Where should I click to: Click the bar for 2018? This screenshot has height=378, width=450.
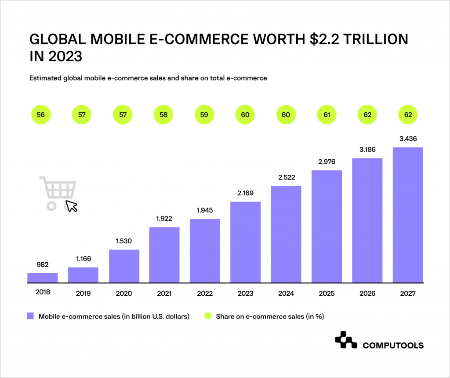[42, 278]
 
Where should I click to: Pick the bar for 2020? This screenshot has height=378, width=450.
[124, 266]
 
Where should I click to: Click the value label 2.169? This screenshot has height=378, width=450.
[245, 193]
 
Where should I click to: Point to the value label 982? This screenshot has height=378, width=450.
[42, 264]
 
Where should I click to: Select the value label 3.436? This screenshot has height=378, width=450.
[408, 139]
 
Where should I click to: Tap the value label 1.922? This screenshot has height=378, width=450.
[164, 218]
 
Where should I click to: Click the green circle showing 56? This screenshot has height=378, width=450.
[41, 115]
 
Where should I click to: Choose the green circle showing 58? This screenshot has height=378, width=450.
[163, 115]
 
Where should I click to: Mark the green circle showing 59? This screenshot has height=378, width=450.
[204, 115]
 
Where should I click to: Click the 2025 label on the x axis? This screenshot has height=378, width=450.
[327, 293]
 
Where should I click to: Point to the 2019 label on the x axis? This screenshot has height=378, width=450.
[83, 293]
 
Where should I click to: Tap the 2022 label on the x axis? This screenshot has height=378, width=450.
[205, 293]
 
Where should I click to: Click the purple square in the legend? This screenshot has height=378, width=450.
[30, 316]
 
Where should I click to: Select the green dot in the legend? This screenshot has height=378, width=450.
[208, 316]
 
